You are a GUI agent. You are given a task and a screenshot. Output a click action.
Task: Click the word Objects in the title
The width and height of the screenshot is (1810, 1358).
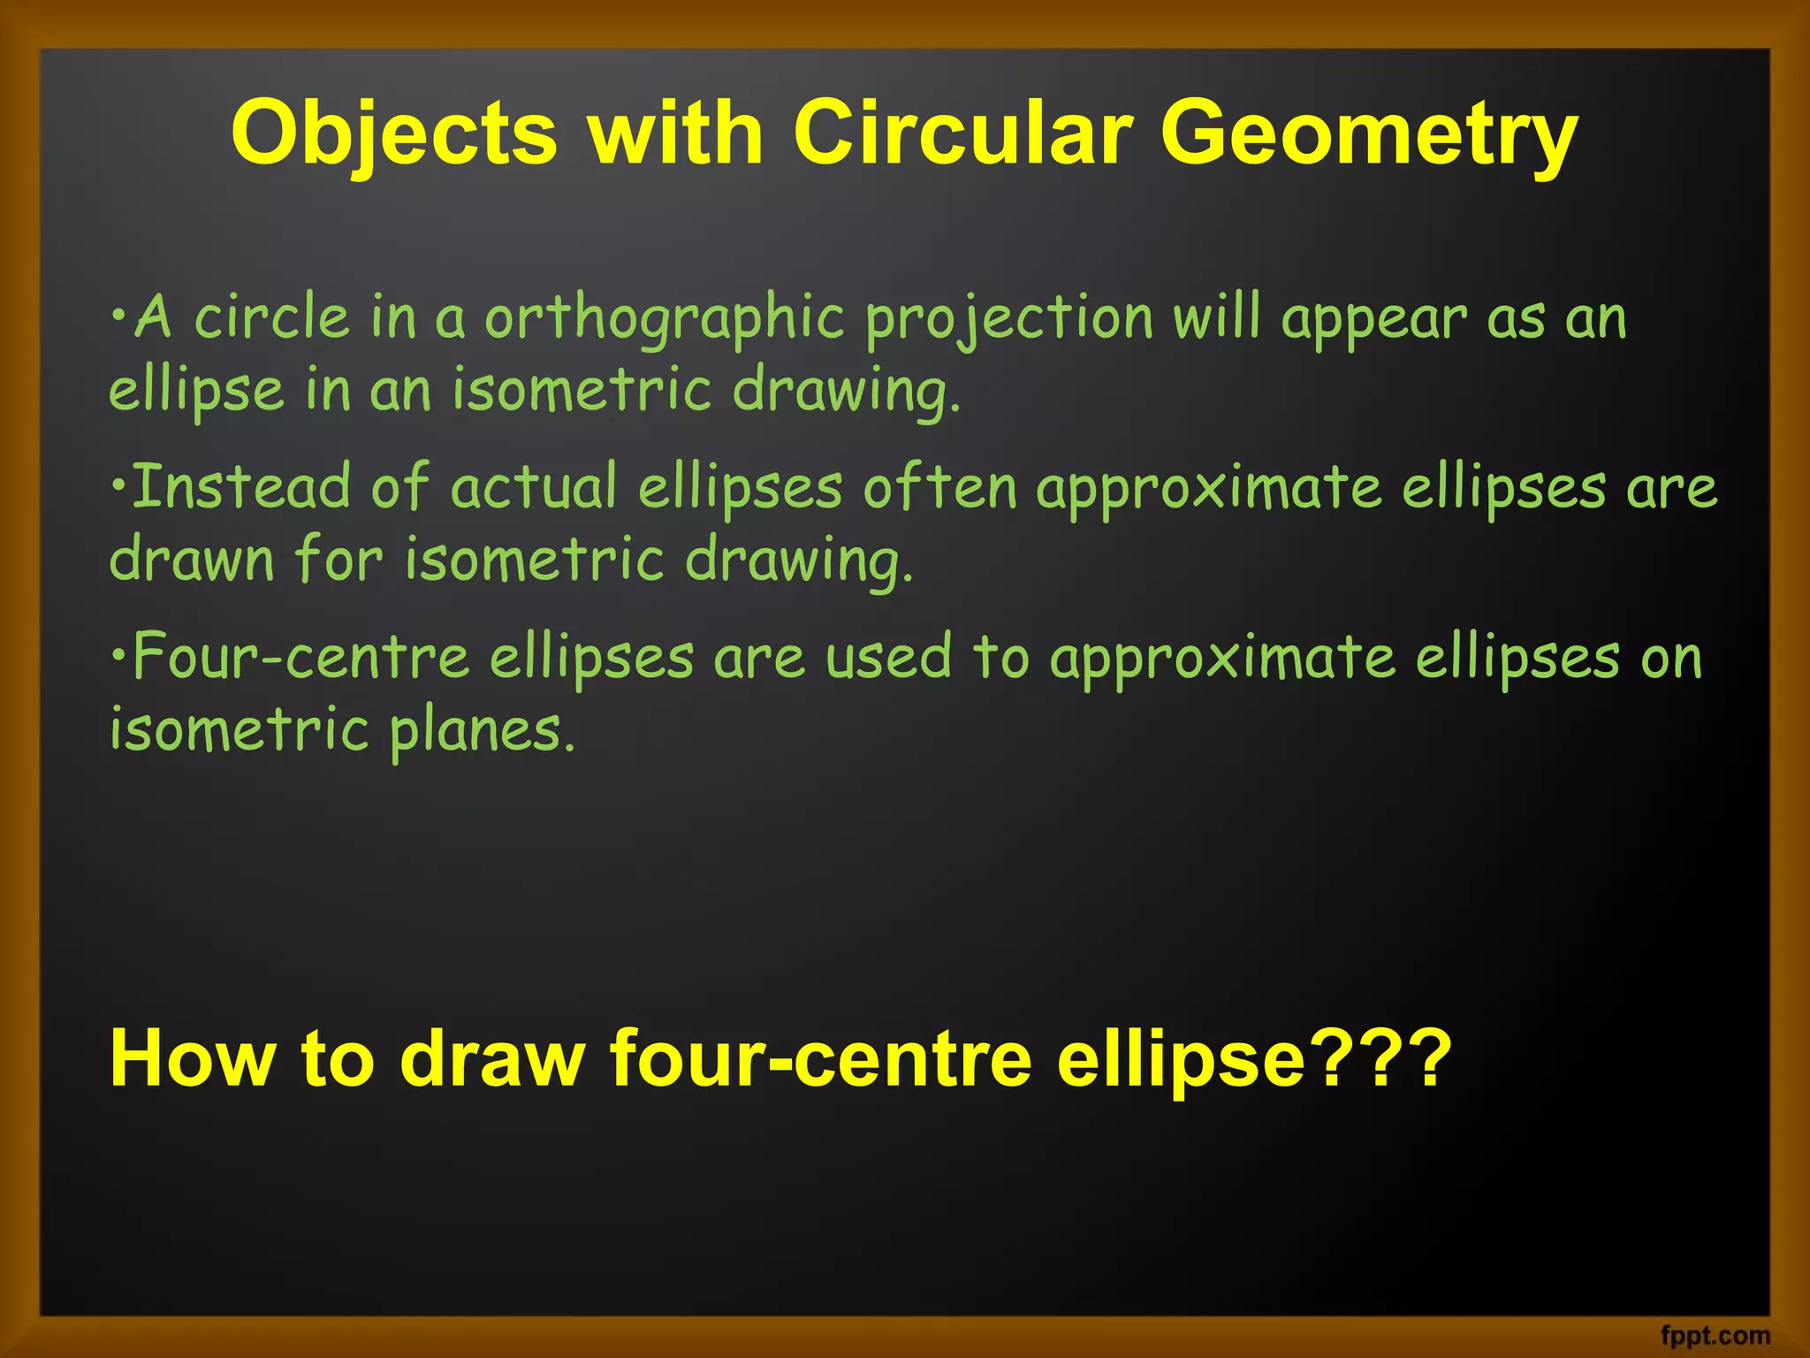pyautogui.click(x=394, y=134)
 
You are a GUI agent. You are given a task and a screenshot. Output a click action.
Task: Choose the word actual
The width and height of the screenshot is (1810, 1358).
pyautogui.click(x=534, y=487)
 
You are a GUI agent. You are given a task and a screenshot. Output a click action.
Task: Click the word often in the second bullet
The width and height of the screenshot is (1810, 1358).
pyautogui.click(x=939, y=487)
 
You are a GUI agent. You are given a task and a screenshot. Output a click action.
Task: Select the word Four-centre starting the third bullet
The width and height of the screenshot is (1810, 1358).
pyautogui.click(x=301, y=658)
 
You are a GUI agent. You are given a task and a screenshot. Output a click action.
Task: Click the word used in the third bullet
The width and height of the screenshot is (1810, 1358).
pyautogui.click(x=888, y=658)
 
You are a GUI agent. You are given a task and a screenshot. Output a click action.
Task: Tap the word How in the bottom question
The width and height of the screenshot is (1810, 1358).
pyautogui.click(x=192, y=1058)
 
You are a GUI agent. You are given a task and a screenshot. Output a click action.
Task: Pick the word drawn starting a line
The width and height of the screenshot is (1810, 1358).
pyautogui.click(x=192, y=561)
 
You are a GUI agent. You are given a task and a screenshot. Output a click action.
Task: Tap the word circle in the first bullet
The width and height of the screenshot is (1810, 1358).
pyautogui.click(x=271, y=317)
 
